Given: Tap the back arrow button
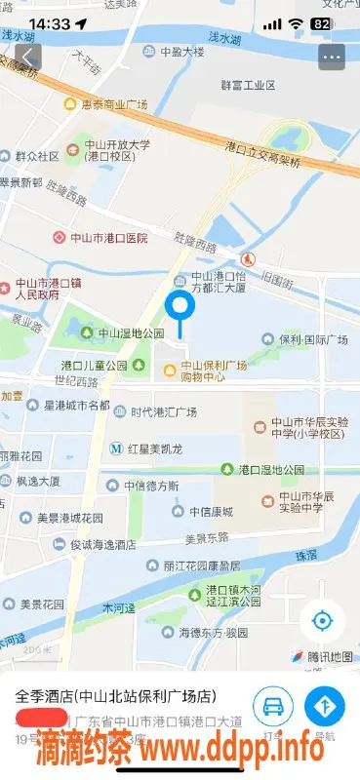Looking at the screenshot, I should [x=29, y=56].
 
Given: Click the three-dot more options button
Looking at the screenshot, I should [x=332, y=56].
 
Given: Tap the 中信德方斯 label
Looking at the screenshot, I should [x=151, y=486].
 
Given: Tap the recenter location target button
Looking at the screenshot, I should [x=322, y=620].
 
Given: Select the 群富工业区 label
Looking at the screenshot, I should [x=250, y=85].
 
